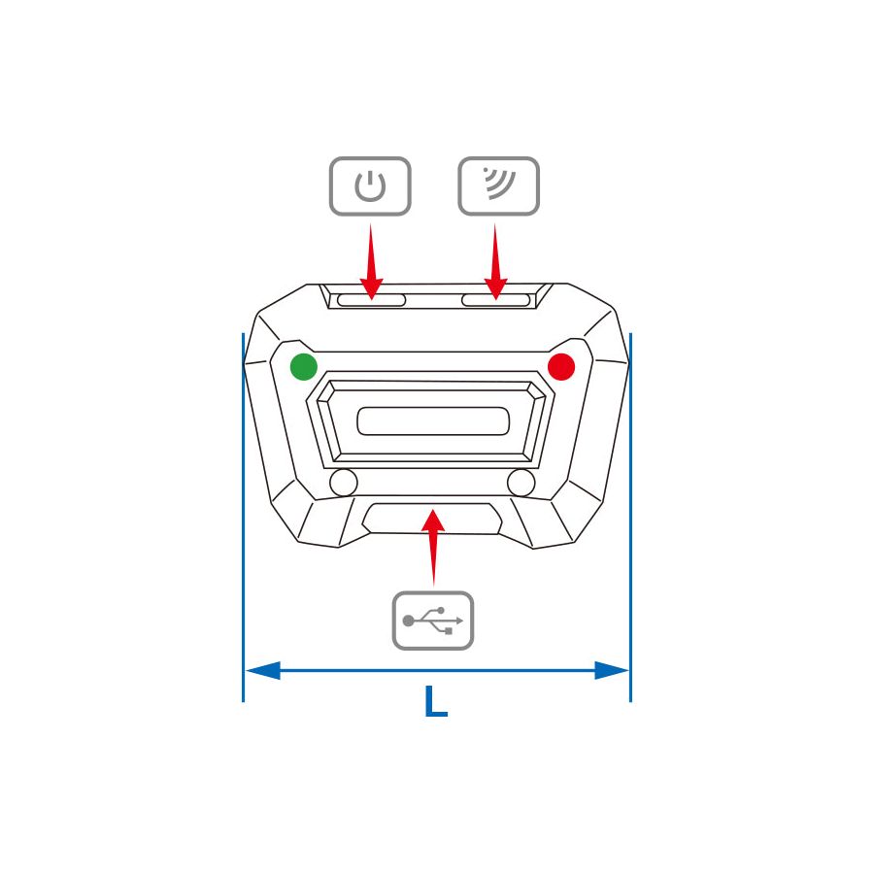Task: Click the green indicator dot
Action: [304, 367]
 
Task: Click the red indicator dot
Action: [561, 367]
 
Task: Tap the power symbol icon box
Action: [370, 185]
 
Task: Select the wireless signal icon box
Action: [498, 185]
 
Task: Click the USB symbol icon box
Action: [433, 621]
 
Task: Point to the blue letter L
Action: [436, 702]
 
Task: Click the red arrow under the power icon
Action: [370, 262]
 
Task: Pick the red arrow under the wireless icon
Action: [496, 262]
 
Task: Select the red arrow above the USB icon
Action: [433, 544]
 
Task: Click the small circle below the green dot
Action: [344, 482]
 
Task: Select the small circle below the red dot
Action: [521, 482]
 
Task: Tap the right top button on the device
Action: [496, 300]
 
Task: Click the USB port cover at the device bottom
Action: [433, 519]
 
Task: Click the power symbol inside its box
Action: [370, 185]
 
